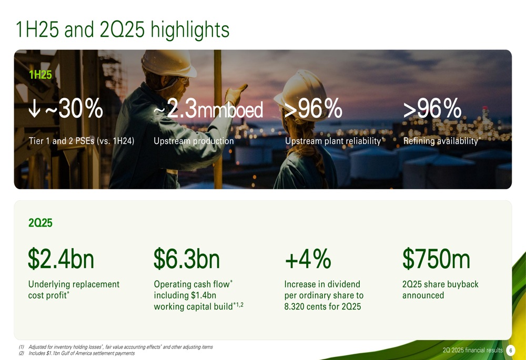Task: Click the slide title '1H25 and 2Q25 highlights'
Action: (123, 30)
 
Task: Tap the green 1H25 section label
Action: (40, 75)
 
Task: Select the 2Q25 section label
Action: (40, 223)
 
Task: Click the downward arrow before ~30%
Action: (35, 110)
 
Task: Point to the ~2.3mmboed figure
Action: (208, 110)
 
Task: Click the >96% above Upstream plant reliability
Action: (313, 110)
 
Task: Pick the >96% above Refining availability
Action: (432, 110)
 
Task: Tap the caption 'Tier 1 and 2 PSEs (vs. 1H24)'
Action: (82, 141)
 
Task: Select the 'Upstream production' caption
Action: (194, 141)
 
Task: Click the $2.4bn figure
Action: (60, 259)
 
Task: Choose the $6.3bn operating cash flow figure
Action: (187, 259)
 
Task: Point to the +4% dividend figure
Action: (308, 259)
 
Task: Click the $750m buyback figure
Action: (436, 259)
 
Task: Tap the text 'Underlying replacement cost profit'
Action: (74, 290)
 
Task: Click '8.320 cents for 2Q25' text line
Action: (322, 306)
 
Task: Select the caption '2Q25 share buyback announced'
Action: (440, 290)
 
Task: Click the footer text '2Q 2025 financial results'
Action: (473, 351)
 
